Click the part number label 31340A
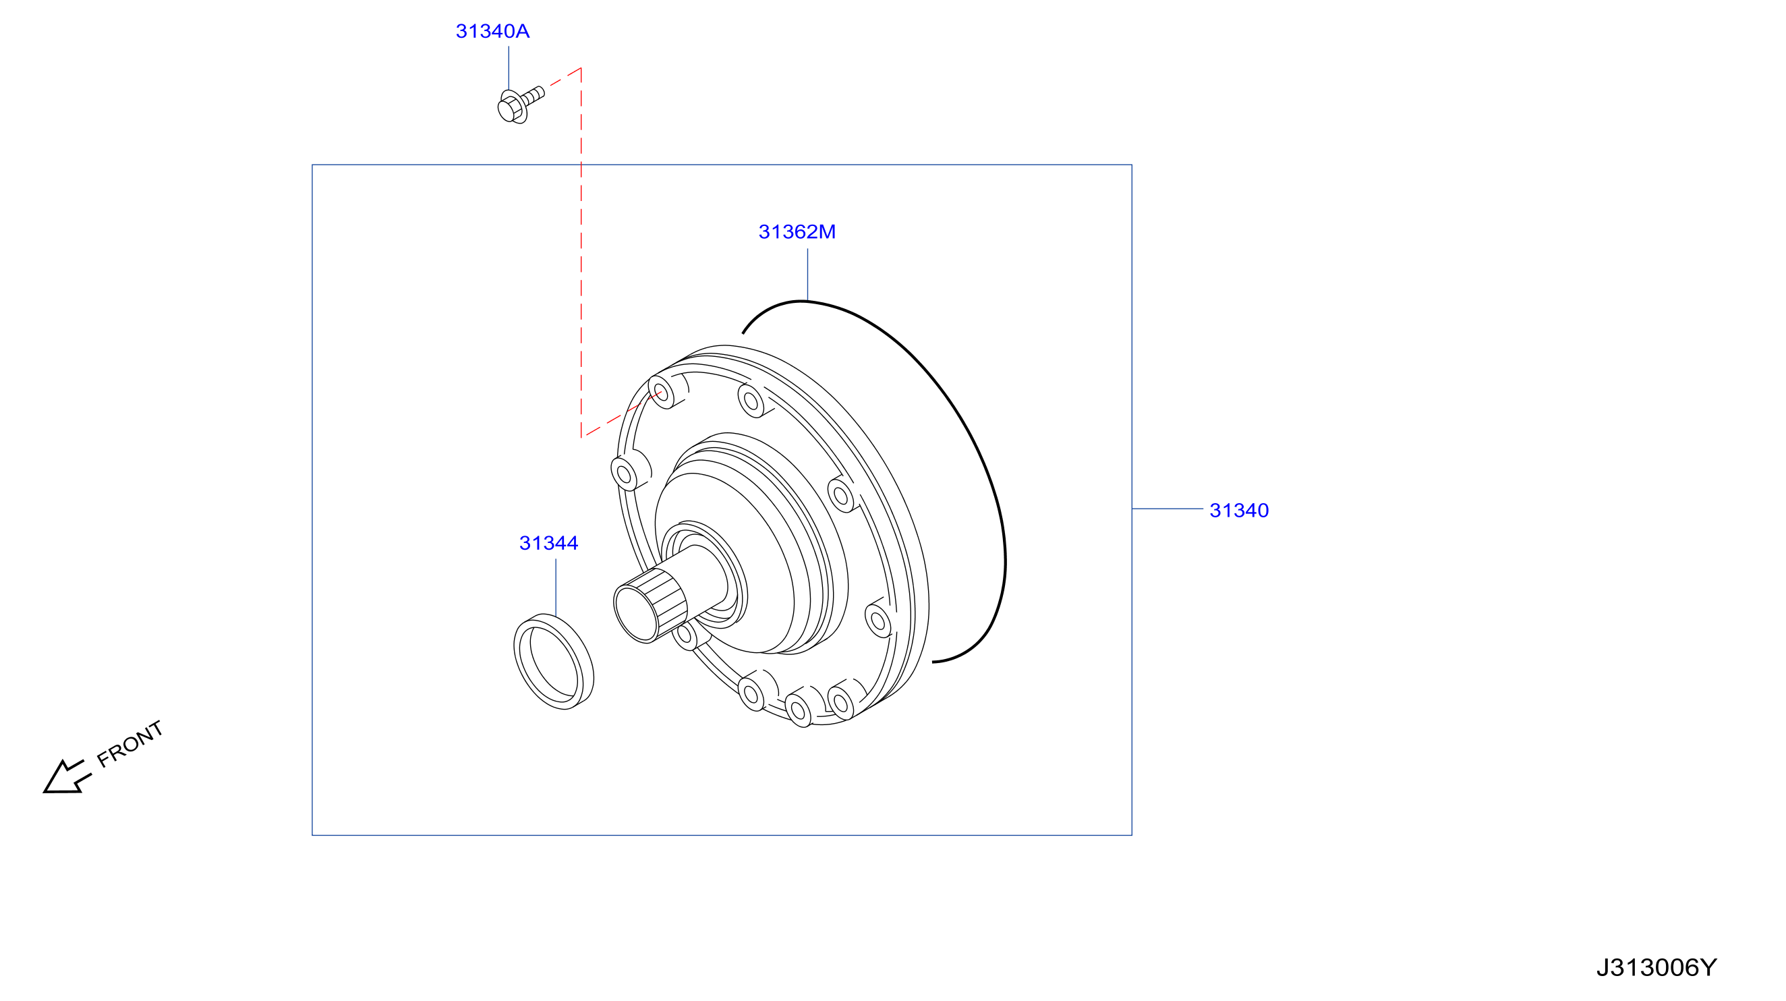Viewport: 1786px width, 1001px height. pyautogui.click(x=492, y=31)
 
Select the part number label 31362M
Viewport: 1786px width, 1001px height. pyautogui.click(x=797, y=231)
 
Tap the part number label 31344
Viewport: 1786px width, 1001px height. pyautogui.click(x=548, y=543)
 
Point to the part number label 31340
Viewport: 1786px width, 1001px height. pyautogui.click(x=1239, y=510)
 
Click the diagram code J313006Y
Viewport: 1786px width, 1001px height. pyautogui.click(x=1657, y=967)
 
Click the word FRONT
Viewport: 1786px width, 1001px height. pyautogui.click(x=130, y=744)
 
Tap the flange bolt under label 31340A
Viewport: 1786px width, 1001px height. pyautogui.click(x=521, y=105)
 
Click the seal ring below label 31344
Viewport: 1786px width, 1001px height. pyautogui.click(x=553, y=661)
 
